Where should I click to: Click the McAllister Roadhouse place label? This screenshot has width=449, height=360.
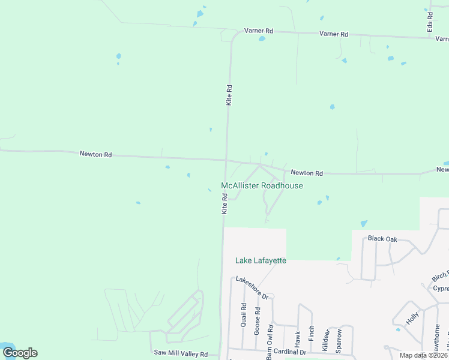pos(262,186)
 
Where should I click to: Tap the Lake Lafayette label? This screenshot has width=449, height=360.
pos(261,260)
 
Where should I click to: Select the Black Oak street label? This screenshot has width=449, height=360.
pos(382,239)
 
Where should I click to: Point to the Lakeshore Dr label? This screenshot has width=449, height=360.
pos(252,288)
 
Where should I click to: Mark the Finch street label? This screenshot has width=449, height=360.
pos(311,334)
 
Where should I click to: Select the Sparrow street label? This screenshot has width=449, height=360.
pos(339,340)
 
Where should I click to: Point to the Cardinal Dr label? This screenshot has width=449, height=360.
pos(290,352)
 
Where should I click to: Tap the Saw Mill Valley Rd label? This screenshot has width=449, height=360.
pos(181,354)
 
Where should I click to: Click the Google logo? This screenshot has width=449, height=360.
pos(20,353)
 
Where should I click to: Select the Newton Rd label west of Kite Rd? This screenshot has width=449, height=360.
pos(96,154)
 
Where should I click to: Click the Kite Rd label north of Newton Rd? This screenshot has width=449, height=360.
pos(229,95)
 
